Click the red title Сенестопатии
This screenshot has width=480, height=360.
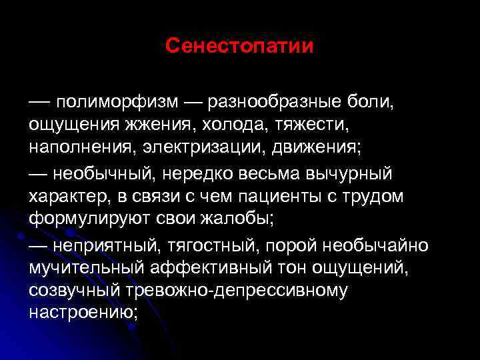point(239,46)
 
